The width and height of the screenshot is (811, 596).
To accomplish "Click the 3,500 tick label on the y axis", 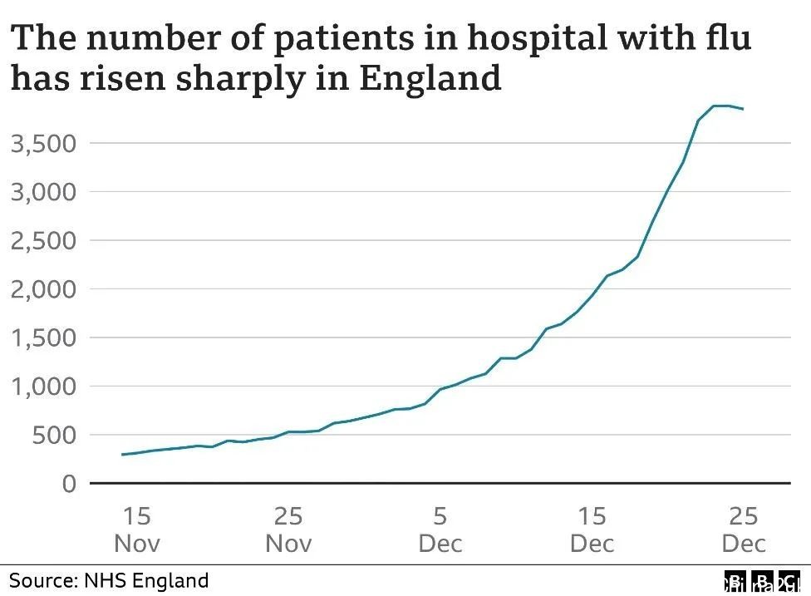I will pyautogui.click(x=42, y=143).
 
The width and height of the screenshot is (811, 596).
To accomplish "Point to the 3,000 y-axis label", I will pyautogui.click(x=42, y=192).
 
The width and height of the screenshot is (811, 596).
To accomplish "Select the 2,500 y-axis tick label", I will pyautogui.click(x=42, y=240).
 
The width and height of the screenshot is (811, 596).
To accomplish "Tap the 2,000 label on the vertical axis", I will pyautogui.click(x=42, y=289).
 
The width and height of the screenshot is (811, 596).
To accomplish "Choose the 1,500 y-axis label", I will pyautogui.click(x=42, y=337).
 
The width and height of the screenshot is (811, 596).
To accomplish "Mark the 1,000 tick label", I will pyautogui.click(x=42, y=387).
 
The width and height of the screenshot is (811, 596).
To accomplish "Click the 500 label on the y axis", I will pyautogui.click(x=55, y=435).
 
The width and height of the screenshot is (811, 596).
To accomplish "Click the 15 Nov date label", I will pyautogui.click(x=137, y=530).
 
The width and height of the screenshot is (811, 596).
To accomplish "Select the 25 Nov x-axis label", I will pyautogui.click(x=288, y=530).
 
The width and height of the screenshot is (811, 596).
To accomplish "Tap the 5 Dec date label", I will pyautogui.click(x=440, y=530).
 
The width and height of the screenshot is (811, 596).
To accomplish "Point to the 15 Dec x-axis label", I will pyautogui.click(x=592, y=530).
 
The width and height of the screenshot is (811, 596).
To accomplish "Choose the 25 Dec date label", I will pyautogui.click(x=744, y=530).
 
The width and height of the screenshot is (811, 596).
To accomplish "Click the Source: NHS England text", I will pyautogui.click(x=109, y=579).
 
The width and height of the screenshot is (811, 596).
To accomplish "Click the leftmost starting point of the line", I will pyautogui.click(x=123, y=455).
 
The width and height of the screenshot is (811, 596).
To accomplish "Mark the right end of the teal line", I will pyautogui.click(x=743, y=109).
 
